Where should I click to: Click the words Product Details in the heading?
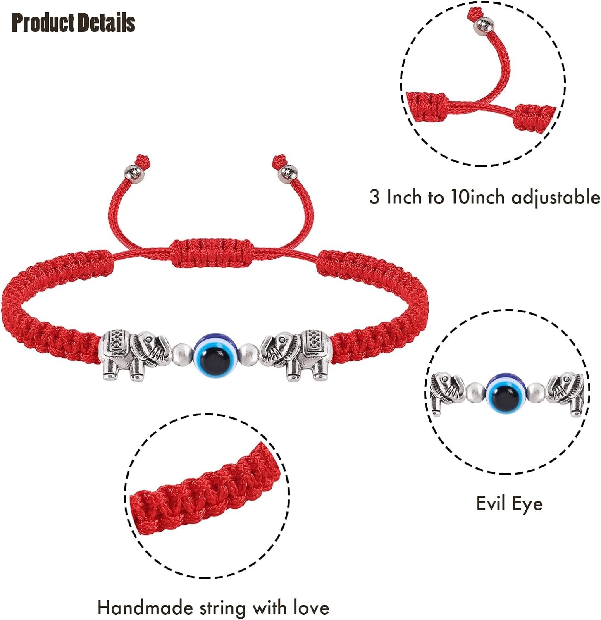coord(73,23)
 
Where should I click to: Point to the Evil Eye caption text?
coord(509,503)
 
